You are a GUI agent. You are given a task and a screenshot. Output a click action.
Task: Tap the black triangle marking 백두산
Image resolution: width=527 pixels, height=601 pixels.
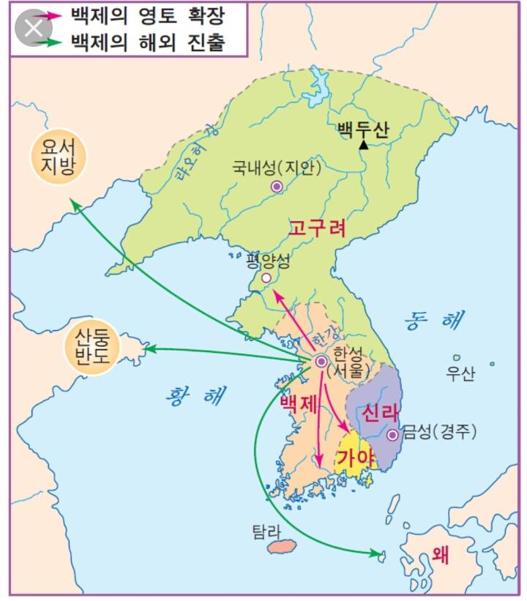click(363, 145)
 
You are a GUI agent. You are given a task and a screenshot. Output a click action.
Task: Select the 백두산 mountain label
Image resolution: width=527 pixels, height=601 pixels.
click(363, 128)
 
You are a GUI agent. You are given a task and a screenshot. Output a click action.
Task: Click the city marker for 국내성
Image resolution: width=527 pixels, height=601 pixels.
click(277, 187)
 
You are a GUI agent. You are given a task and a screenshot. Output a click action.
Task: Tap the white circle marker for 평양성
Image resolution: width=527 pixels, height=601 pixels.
click(266, 278)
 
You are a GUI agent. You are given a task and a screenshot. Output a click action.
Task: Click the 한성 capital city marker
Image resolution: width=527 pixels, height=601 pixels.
click(321, 361)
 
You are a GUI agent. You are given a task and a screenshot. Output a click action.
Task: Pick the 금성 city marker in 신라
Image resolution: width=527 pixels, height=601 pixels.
click(393, 435)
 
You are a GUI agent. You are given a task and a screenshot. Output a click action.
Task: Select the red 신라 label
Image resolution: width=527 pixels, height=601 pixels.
click(379, 413)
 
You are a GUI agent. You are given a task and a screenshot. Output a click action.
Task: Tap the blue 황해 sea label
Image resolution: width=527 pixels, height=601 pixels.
click(194, 395)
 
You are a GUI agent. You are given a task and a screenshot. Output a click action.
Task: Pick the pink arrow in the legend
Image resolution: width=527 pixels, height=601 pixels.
click(43, 14)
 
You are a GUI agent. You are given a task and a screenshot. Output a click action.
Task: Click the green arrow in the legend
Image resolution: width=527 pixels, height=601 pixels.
click(43, 42)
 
